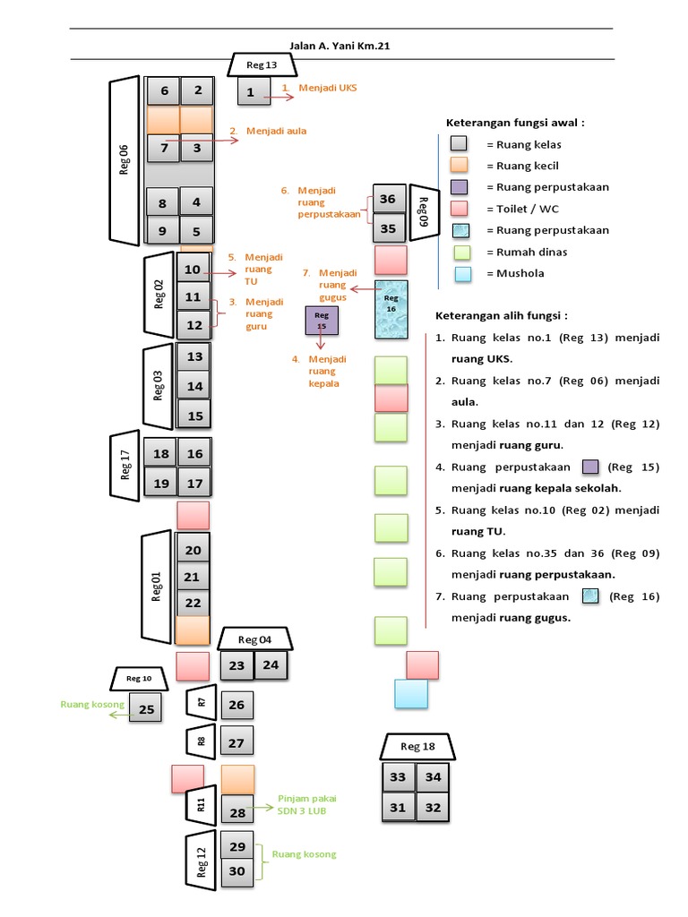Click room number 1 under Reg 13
[254, 92]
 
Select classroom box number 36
[389, 199]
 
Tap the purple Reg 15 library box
[322, 321]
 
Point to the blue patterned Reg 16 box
[391, 309]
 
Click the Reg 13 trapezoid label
[262, 64]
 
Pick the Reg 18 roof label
[417, 747]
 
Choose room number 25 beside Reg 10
[146, 708]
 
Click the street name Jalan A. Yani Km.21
[340, 46]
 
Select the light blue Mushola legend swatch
[463, 274]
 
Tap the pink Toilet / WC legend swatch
[460, 209]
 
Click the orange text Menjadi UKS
[328, 88]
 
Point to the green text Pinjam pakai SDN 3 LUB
[307, 805]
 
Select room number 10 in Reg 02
[193, 269]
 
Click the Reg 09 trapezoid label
[424, 212]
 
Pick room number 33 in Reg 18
[398, 776]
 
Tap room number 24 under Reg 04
[271, 665]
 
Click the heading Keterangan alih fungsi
[502, 316]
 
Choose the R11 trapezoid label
[201, 805]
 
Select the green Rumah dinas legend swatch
[462, 253]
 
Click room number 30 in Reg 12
[236, 871]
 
